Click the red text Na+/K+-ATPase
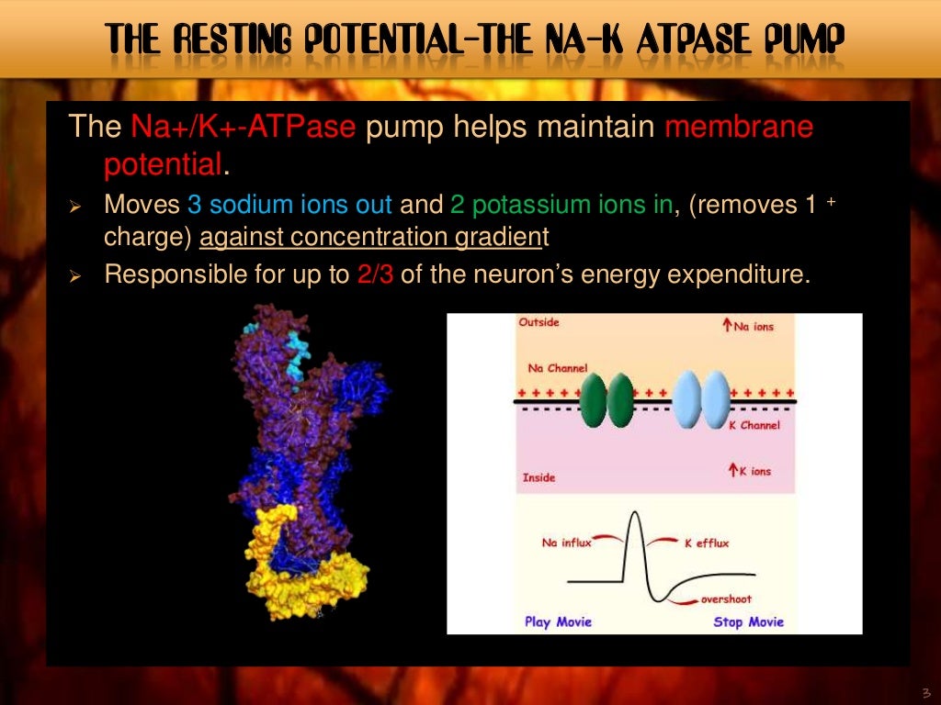pyautogui.click(x=242, y=127)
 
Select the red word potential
pyautogui.click(x=163, y=165)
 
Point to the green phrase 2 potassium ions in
pyautogui.click(x=561, y=205)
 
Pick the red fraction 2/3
pyautogui.click(x=374, y=275)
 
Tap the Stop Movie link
pyautogui.click(x=748, y=621)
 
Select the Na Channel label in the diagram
pyautogui.click(x=557, y=368)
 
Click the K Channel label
pyautogui.click(x=754, y=425)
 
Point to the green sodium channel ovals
pyautogui.click(x=607, y=399)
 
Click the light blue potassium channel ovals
pyautogui.click(x=702, y=399)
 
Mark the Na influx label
pyautogui.click(x=566, y=543)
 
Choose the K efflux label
pyautogui.click(x=706, y=543)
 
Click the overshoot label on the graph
pyautogui.click(x=726, y=599)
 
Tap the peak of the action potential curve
pyautogui.click(x=633, y=515)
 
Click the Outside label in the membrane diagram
pyautogui.click(x=539, y=322)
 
